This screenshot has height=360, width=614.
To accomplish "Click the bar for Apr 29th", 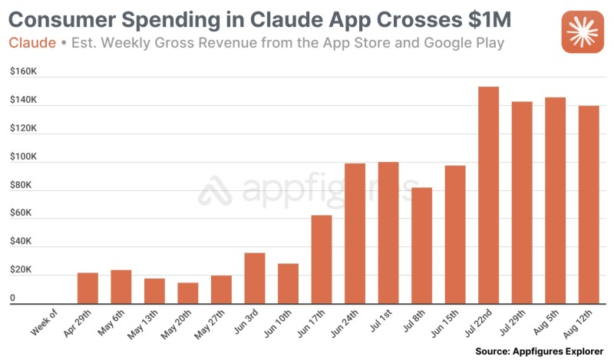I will point(87,288).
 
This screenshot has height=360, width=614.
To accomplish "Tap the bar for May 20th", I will point(188,293).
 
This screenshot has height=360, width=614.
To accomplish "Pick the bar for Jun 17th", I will point(322,259).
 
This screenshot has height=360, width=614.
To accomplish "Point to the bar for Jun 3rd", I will point(255,278).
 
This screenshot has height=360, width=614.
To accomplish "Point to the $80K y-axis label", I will point(21,185).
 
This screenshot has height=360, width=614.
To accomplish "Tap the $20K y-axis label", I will point(21,269).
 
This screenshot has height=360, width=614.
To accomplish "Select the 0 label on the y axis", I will point(12,298).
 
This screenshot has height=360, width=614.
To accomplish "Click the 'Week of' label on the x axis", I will point(45,323).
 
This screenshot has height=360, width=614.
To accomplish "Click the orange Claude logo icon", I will point(583,33).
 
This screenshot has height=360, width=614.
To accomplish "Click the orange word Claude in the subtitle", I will point(32,43).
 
